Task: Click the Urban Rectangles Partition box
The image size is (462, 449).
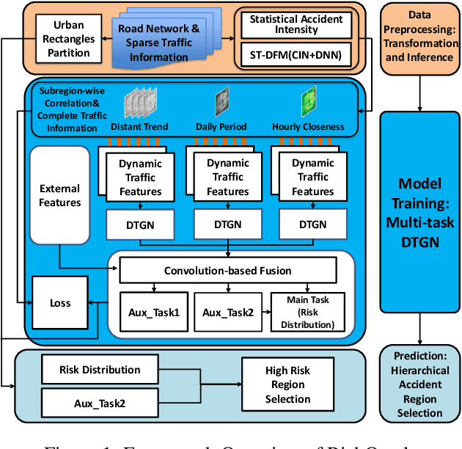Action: click(64, 39)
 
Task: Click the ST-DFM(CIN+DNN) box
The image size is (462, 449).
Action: click(294, 54)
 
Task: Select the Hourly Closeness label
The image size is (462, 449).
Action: click(308, 126)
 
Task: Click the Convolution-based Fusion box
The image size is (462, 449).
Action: click(227, 271)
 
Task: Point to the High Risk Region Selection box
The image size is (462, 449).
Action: click(288, 385)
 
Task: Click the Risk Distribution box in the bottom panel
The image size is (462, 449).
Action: click(100, 370)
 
